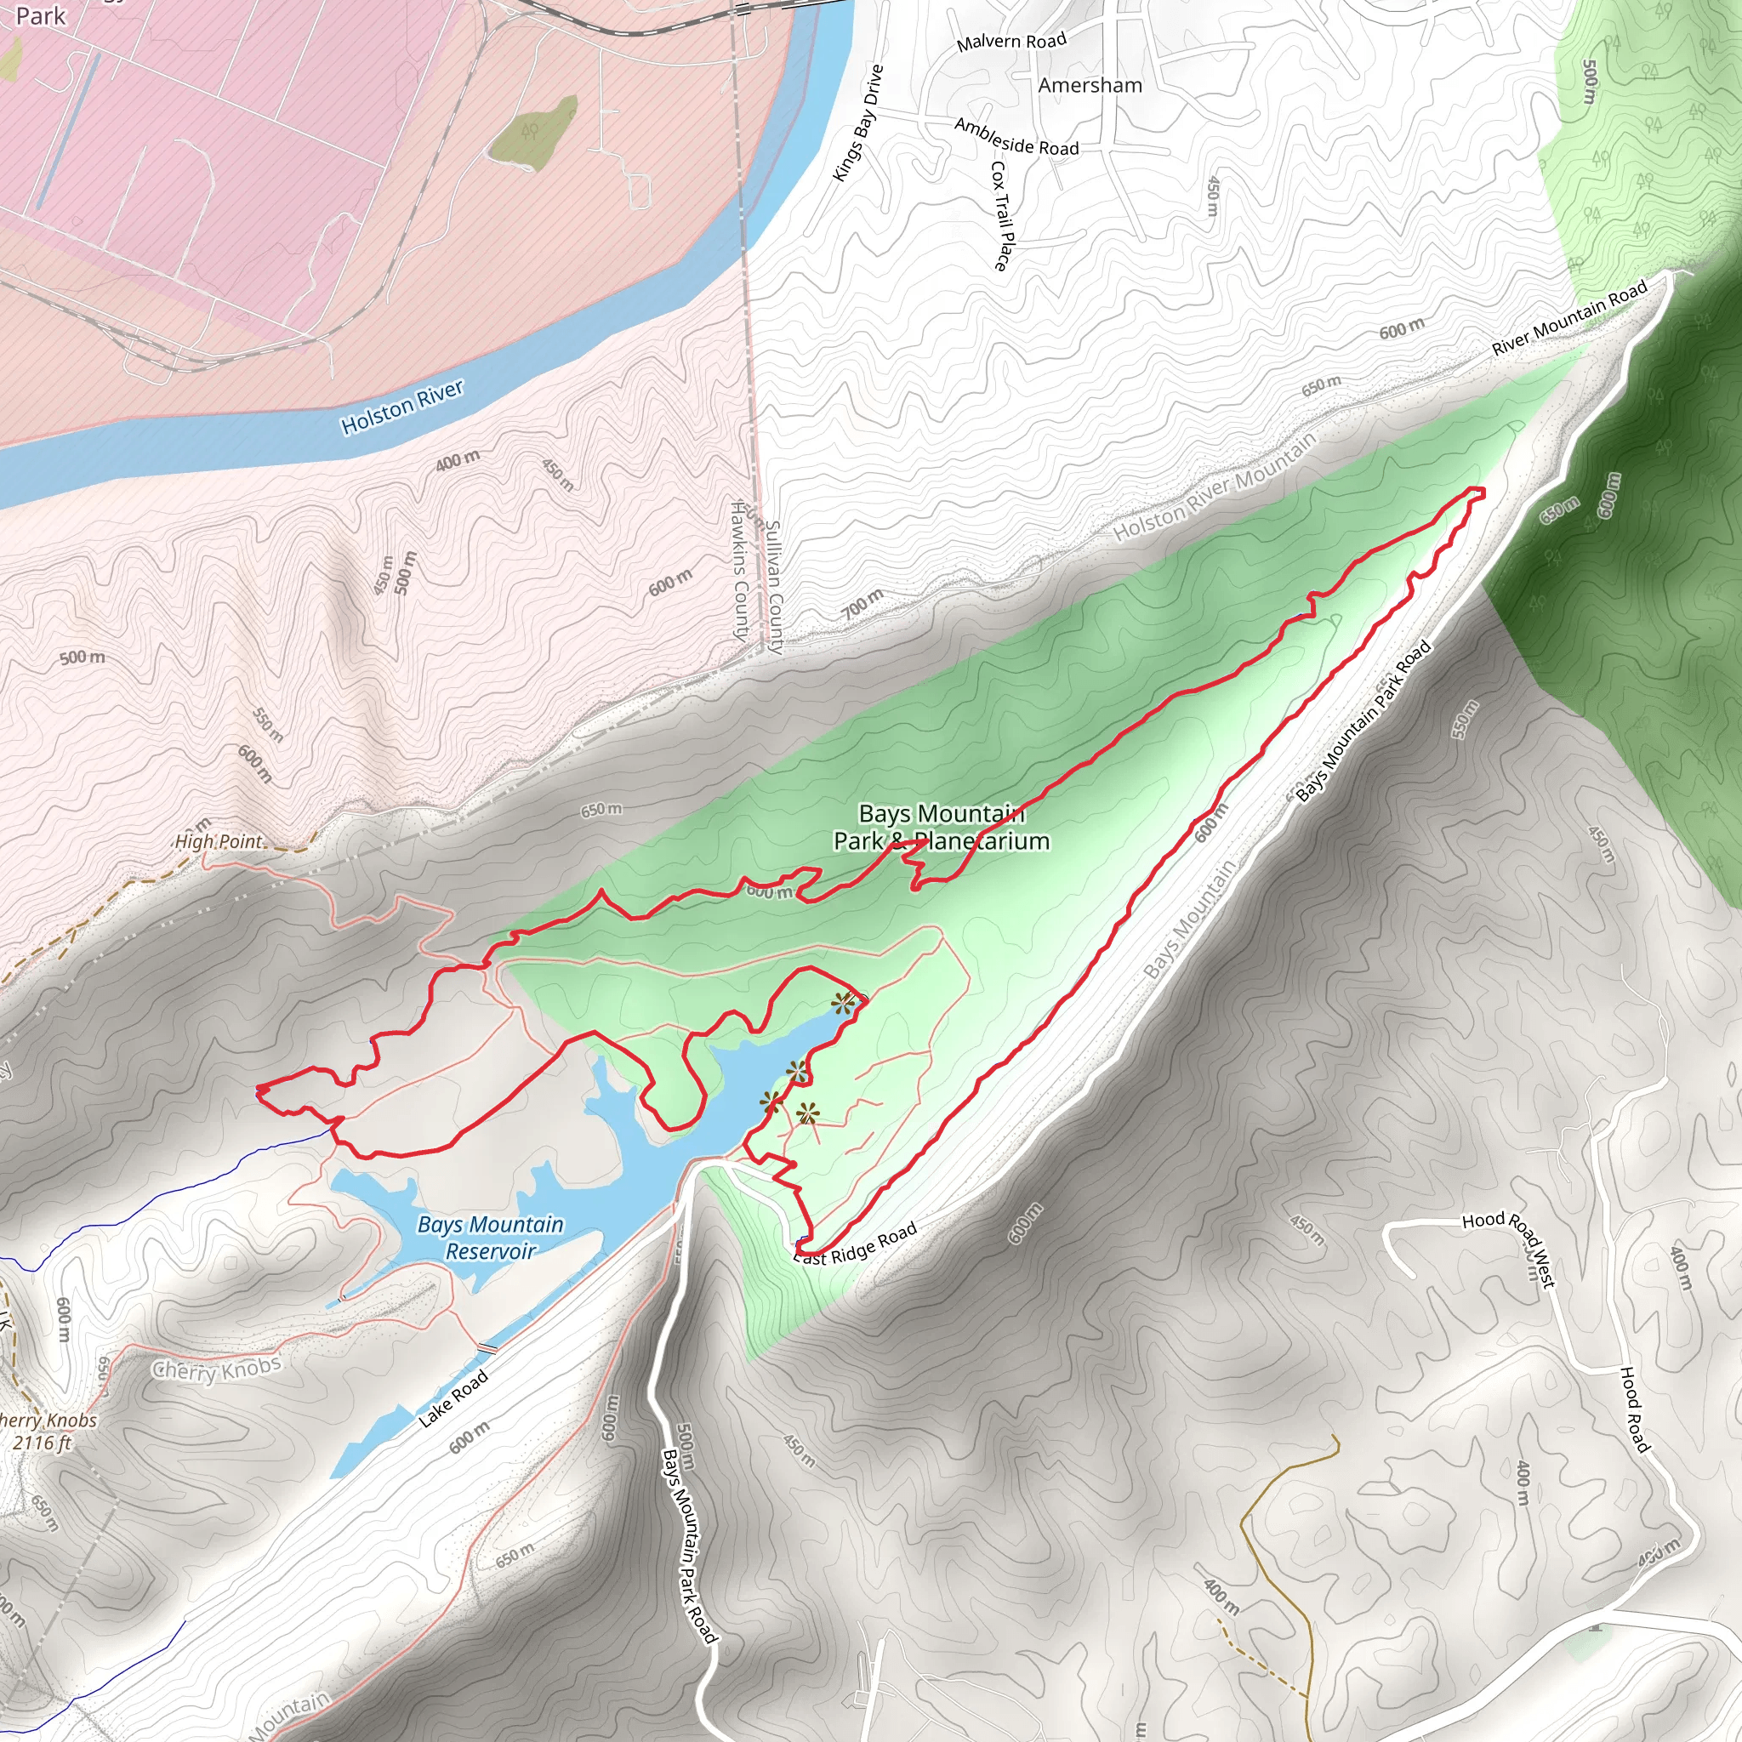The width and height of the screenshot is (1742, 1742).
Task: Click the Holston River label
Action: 402,407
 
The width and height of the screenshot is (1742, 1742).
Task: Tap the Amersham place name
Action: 1090,86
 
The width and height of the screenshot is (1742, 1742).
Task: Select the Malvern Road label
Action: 1010,42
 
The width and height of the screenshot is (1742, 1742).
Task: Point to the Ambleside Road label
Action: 1016,136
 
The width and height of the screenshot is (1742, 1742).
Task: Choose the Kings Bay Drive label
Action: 858,123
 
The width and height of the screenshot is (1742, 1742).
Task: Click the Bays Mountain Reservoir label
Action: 491,1237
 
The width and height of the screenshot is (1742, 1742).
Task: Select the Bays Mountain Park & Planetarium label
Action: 942,828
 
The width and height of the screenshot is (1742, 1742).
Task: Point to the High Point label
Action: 219,841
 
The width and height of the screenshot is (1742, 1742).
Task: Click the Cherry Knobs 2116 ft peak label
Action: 45,1431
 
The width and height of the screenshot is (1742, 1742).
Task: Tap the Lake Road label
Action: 453,1398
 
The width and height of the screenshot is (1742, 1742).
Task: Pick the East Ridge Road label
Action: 856,1244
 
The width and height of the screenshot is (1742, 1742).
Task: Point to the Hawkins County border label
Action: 739,572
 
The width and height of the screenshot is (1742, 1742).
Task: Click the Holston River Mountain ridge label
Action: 1215,487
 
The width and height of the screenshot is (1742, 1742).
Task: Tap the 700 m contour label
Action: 862,603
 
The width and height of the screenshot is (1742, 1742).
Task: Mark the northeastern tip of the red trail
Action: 1483,490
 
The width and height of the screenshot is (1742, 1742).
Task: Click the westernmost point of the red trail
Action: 258,1092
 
